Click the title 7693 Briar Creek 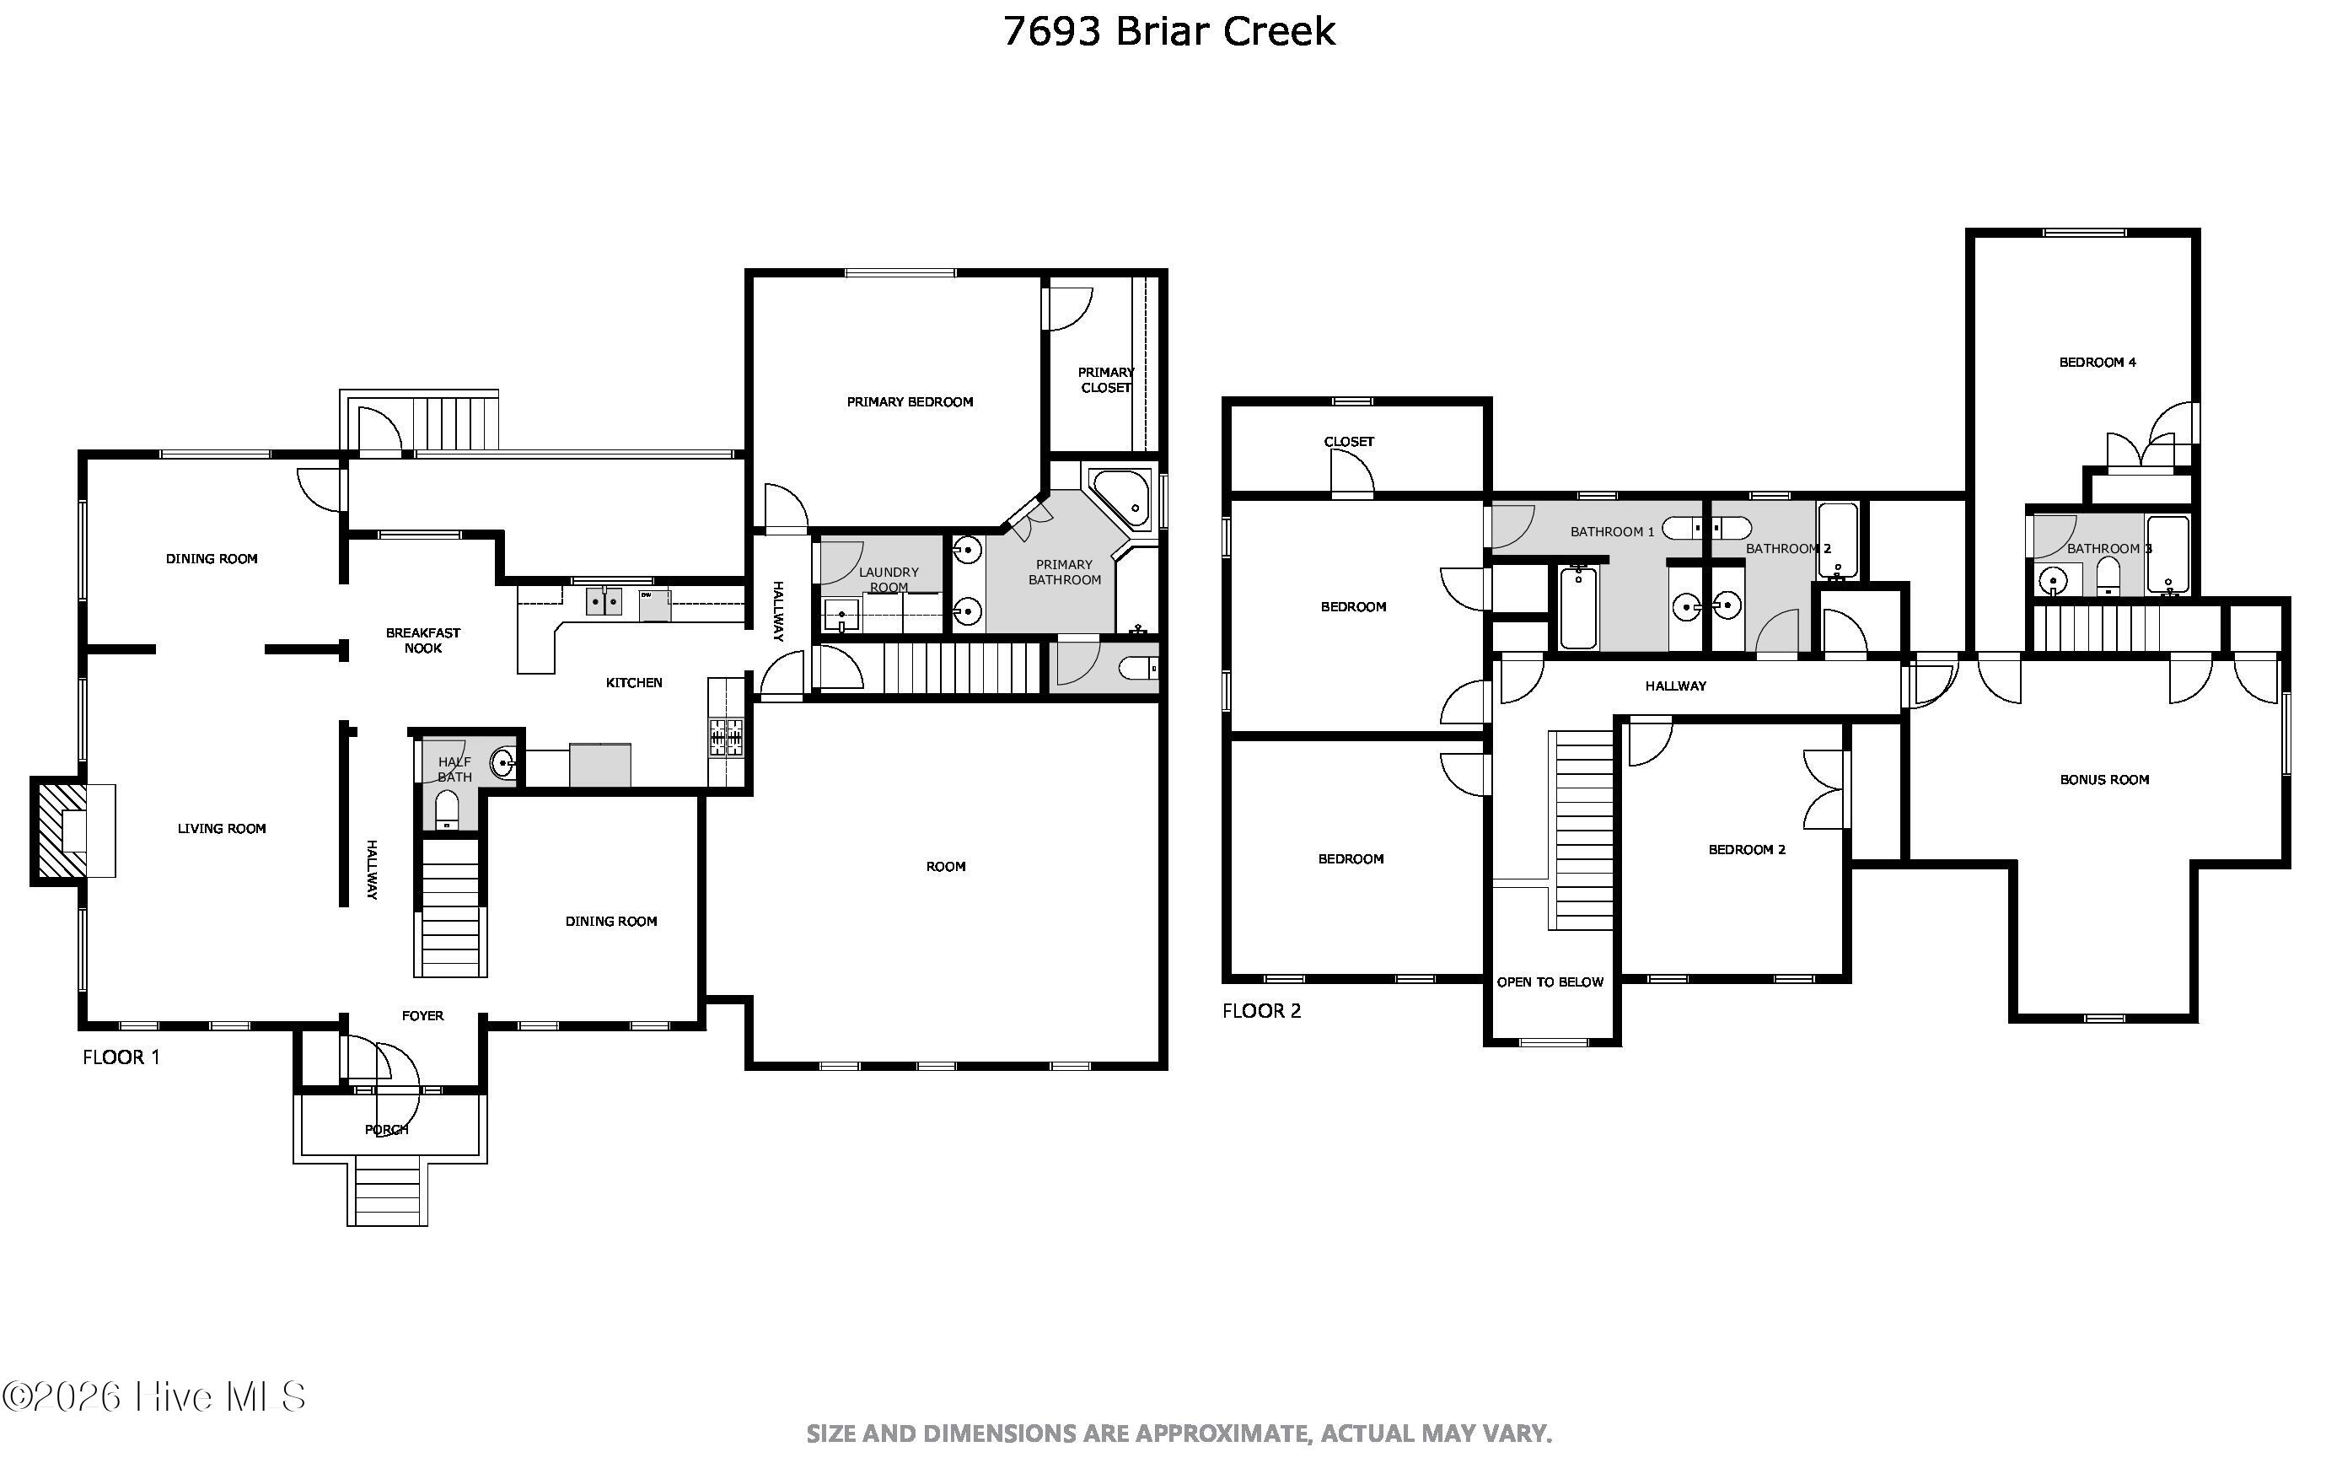point(1168,31)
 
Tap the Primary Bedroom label point(910,401)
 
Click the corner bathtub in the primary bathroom point(1121,498)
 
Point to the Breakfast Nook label point(422,641)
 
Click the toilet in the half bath point(447,809)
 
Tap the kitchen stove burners point(727,736)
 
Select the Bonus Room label point(2104,779)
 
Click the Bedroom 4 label point(2098,362)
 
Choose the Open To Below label point(1550,982)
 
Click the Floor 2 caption point(1261,1010)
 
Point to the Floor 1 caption point(121,1057)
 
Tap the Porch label point(386,1129)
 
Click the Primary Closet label point(1106,379)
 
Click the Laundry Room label point(888,579)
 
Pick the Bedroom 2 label point(1746,849)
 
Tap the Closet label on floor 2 point(1349,441)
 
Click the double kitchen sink point(604,601)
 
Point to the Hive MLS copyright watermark point(155,1397)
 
